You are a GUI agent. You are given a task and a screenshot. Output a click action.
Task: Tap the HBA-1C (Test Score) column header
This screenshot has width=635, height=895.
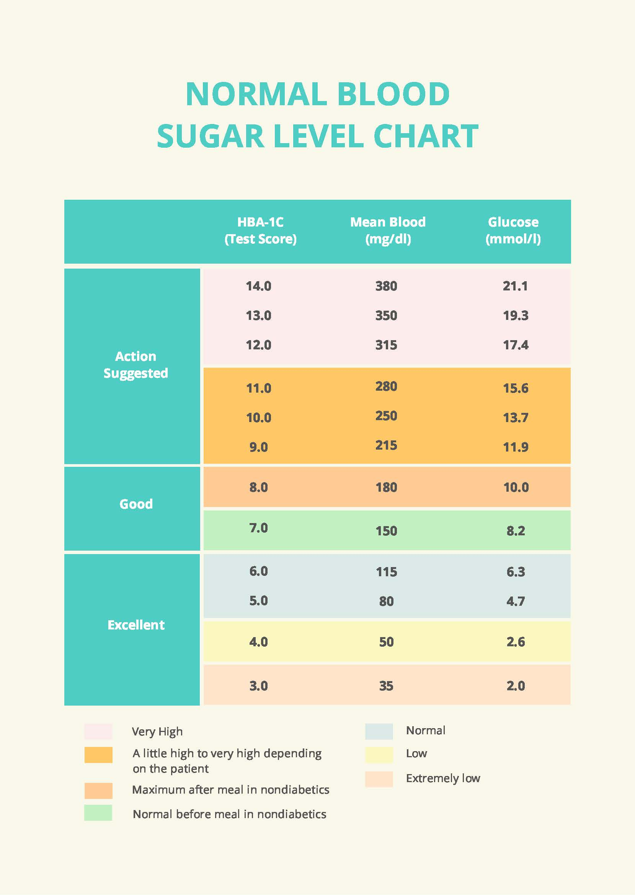[260, 231]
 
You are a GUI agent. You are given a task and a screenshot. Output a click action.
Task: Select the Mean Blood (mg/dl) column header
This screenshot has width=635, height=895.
[387, 231]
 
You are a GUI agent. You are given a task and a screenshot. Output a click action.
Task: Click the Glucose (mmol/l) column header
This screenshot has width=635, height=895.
[513, 231]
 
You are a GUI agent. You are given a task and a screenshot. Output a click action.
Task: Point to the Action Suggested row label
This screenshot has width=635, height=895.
[135, 365]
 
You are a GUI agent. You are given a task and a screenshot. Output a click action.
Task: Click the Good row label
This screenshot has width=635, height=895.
[135, 504]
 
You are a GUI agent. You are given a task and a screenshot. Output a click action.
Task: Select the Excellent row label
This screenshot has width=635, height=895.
[135, 624]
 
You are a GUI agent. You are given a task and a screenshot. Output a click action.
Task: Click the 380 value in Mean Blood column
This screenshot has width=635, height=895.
[386, 286]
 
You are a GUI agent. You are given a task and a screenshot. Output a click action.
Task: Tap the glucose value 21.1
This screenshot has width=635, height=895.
[515, 286]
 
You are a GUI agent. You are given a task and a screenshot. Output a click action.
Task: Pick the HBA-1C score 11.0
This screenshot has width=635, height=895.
[258, 388]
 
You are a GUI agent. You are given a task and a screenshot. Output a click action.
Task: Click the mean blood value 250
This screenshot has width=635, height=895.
[386, 416]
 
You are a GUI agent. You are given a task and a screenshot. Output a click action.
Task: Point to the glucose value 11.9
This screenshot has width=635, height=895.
[515, 447]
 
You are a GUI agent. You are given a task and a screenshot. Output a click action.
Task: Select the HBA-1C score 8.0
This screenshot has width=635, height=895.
[258, 487]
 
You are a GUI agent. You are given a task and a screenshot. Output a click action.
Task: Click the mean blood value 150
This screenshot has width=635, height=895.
[386, 531]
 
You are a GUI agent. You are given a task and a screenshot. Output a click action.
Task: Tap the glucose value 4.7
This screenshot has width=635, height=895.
[515, 601]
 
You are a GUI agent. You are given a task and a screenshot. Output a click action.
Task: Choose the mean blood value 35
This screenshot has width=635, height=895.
[386, 686]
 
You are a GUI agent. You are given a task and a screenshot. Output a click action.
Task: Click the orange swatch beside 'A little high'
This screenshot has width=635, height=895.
[98, 755]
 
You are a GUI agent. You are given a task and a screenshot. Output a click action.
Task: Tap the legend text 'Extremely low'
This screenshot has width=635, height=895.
[442, 778]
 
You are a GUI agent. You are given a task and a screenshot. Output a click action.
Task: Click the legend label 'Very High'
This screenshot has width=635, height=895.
[157, 732]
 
